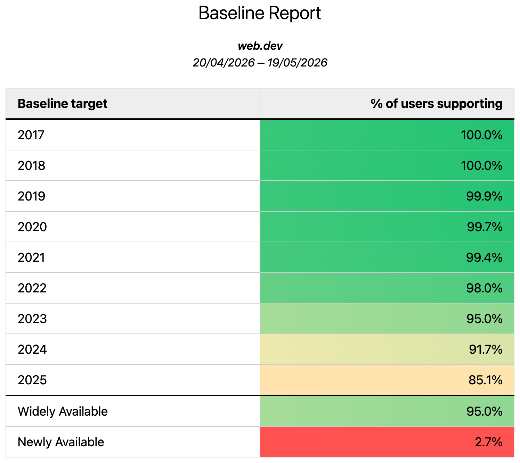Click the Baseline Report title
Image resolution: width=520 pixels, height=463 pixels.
[260, 13]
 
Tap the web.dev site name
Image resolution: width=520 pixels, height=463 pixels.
[260, 46]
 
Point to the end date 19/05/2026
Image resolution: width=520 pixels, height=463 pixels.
[297, 63]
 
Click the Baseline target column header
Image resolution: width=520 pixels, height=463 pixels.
[62, 104]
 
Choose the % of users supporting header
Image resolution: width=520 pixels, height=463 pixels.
[436, 104]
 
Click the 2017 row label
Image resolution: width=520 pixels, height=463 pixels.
[31, 135]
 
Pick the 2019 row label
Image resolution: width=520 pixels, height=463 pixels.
[31, 196]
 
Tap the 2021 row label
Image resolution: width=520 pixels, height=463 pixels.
[31, 257]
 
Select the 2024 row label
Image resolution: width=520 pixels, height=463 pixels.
[32, 350]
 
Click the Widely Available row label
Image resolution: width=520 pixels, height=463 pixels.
[63, 411]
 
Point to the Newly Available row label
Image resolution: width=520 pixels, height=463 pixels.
[61, 442]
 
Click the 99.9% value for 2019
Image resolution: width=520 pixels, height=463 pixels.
[484, 196]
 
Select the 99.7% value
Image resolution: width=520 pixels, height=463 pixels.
[485, 227]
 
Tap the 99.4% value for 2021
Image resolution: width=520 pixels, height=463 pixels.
[484, 257]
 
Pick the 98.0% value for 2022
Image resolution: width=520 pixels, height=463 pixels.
[484, 288]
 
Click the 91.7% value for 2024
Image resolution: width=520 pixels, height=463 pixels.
[486, 350]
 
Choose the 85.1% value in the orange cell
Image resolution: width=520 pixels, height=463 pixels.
[485, 380]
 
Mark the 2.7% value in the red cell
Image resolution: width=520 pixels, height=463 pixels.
[488, 442]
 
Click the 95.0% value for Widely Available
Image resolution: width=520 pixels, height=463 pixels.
[484, 411]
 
